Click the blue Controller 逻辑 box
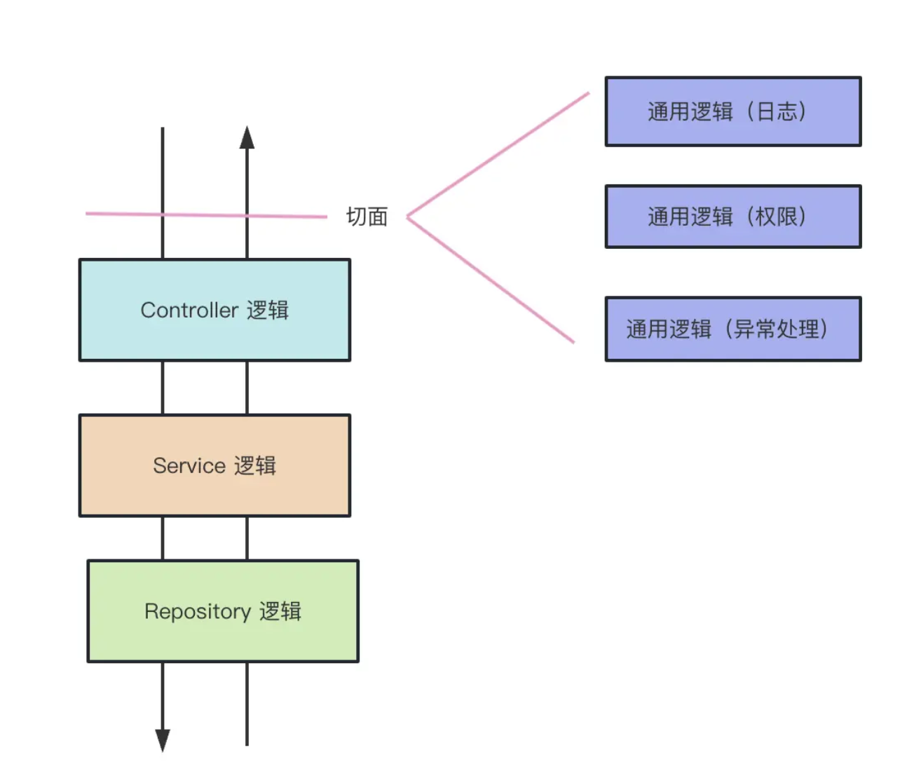(x=214, y=310)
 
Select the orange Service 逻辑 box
(x=214, y=465)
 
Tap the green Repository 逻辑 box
(x=223, y=610)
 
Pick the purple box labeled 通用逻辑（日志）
(x=733, y=111)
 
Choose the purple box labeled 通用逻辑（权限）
(x=733, y=217)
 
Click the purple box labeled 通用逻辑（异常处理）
(x=733, y=329)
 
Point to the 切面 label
(x=367, y=217)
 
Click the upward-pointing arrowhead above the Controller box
(x=247, y=137)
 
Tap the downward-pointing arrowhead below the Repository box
(x=163, y=740)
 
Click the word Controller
(x=189, y=310)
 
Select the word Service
(x=189, y=465)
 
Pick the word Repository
(x=198, y=612)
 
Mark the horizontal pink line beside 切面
(x=206, y=215)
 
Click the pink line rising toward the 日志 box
(x=498, y=154)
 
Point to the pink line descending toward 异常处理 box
(x=490, y=280)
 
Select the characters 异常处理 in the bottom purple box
(x=777, y=329)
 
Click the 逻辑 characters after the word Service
(x=255, y=465)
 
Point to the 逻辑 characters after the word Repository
(x=280, y=611)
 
